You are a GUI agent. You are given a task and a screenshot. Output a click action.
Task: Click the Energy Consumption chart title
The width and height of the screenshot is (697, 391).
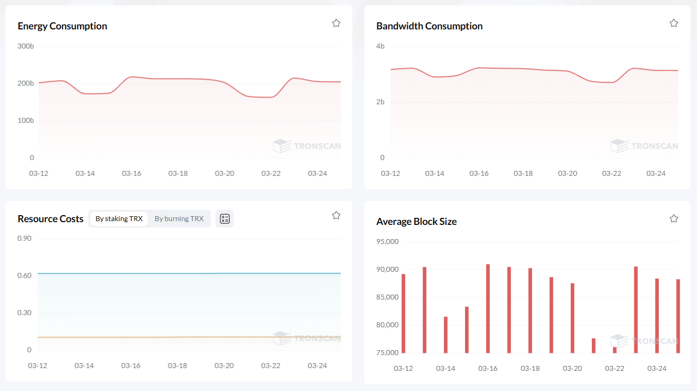click(x=62, y=26)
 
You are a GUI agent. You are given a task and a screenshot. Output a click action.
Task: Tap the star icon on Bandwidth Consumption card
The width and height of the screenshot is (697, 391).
click(x=674, y=23)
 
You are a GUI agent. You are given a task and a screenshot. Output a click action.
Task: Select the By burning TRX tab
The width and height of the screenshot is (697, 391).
click(x=179, y=218)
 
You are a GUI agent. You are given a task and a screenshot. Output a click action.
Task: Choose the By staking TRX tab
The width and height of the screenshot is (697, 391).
click(x=119, y=218)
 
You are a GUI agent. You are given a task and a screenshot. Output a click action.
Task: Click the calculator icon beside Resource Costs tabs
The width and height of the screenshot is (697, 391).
click(x=224, y=218)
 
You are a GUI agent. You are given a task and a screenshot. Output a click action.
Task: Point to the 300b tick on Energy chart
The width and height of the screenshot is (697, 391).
click(x=26, y=46)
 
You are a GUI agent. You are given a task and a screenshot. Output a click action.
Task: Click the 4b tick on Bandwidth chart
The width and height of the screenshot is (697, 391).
click(x=380, y=46)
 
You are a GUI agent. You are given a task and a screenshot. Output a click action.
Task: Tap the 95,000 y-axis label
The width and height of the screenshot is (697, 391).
click(x=388, y=241)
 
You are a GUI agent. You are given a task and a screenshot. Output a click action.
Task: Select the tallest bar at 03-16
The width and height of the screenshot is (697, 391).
click(x=488, y=308)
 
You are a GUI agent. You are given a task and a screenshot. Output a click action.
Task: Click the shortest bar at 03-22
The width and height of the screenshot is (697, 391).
click(x=615, y=350)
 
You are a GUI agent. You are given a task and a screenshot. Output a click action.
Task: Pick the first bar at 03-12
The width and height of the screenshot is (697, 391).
click(x=403, y=313)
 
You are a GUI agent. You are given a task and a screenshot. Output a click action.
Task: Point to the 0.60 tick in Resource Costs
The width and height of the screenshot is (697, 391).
click(x=25, y=275)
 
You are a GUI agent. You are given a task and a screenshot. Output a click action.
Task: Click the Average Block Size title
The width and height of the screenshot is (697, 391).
click(x=416, y=222)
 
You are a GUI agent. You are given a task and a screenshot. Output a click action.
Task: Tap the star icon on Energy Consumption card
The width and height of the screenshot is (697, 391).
click(x=336, y=23)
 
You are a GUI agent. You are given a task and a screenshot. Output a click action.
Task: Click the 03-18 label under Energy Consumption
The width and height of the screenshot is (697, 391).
click(x=178, y=173)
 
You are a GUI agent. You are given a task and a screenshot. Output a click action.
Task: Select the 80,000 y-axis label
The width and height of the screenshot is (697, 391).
click(x=388, y=325)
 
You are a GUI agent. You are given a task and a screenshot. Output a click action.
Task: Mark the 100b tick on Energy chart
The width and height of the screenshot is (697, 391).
click(x=26, y=120)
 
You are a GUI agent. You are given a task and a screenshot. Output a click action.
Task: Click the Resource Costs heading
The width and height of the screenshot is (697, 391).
click(x=50, y=218)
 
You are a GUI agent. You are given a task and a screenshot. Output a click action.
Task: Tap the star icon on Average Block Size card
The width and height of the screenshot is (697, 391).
click(x=674, y=218)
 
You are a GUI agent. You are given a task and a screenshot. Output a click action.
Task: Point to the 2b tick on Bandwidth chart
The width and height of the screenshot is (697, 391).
click(x=380, y=102)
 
